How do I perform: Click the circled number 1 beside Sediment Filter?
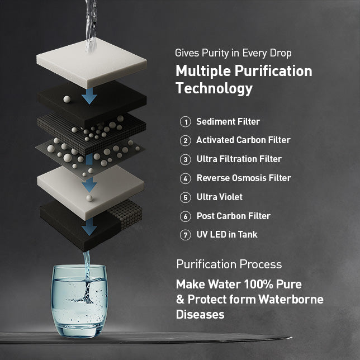pos(185,122)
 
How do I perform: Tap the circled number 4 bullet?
pos(185,178)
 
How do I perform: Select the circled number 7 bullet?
pos(185,235)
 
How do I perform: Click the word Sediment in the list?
pos(215,121)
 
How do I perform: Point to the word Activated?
pos(215,140)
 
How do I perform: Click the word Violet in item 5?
pos(231,197)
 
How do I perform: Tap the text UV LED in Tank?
pos(227,234)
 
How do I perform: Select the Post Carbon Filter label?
pos(234,216)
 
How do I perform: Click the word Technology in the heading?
pos(214,89)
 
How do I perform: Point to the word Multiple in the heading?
pos(203,71)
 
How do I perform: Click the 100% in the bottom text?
pos(258,284)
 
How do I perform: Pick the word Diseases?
pos(200,314)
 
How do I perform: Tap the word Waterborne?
pos(291,300)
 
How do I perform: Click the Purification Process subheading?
pos(229,264)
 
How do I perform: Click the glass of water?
pos(79,301)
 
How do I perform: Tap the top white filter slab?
pos(91,63)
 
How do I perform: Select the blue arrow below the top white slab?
pos(89,96)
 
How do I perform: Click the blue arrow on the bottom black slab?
pos(89,227)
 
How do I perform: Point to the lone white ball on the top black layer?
pos(67,99)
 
